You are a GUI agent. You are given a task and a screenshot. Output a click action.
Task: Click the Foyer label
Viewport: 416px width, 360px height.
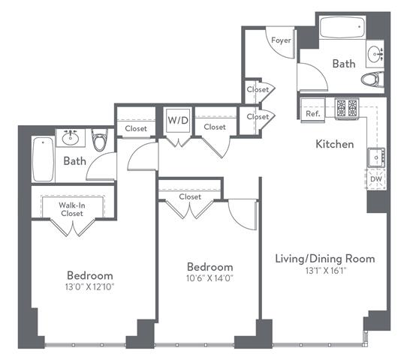pos(281,40)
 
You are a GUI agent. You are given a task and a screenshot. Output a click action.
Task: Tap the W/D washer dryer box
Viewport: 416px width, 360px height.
pos(178,120)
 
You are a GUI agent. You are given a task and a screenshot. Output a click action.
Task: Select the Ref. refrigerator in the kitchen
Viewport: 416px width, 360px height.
pos(313,110)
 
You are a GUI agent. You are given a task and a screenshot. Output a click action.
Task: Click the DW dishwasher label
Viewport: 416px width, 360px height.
pos(376,179)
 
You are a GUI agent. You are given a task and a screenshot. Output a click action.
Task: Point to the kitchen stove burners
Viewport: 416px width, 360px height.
pos(347,108)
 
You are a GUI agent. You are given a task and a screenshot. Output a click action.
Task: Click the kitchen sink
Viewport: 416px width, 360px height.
pos(376,157)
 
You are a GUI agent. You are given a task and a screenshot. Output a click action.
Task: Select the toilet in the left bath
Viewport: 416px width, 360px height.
pos(99,139)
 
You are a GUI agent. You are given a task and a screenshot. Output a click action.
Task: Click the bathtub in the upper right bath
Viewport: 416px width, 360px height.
pos(342,27)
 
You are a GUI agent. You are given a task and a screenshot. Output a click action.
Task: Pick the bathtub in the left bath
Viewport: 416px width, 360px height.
pos(43,159)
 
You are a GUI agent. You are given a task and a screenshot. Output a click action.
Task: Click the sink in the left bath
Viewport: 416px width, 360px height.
pos(71,138)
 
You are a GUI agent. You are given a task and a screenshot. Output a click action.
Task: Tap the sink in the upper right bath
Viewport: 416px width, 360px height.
pos(375,54)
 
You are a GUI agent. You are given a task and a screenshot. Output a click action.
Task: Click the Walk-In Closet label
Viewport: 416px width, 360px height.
pos(72,209)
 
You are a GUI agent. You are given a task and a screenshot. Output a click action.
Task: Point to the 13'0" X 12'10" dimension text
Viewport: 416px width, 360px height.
pos(89,287)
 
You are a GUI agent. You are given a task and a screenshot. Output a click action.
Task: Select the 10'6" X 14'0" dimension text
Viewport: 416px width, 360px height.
pos(210,278)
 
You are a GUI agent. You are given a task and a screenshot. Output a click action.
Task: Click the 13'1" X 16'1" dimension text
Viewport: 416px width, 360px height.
pos(326,271)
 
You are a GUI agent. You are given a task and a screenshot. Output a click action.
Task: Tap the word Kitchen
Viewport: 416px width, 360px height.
pos(335,144)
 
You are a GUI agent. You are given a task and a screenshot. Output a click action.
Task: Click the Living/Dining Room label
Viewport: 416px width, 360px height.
pos(325,259)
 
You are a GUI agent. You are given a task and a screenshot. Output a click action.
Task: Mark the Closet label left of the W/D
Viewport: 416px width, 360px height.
pos(136,128)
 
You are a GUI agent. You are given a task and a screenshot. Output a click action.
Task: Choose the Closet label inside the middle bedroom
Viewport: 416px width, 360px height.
pos(190,196)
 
